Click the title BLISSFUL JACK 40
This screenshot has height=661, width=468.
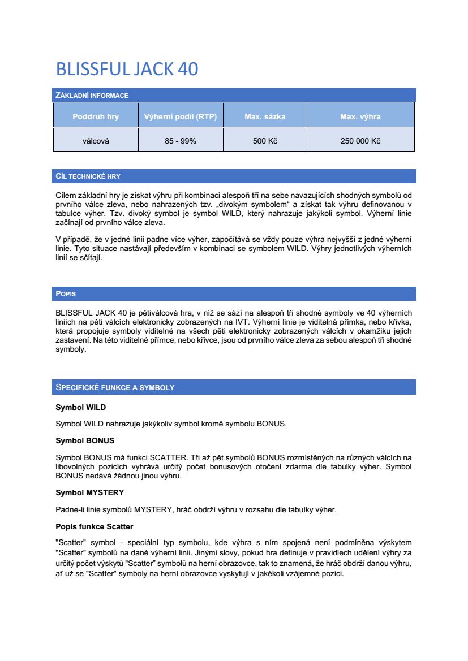tap(127, 69)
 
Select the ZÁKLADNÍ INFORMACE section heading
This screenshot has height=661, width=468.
tap(92, 95)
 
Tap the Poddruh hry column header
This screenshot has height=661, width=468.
tap(96, 117)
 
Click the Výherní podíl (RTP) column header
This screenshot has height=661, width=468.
tap(181, 117)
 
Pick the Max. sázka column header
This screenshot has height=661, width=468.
tap(265, 117)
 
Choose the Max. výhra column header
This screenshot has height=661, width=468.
tap(360, 117)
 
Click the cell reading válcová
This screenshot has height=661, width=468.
tap(96, 141)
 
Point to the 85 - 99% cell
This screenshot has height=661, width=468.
tap(181, 141)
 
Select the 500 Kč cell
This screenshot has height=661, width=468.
tap(265, 141)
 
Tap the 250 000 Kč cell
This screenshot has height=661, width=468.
tap(360, 141)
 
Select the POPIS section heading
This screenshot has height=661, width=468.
tap(66, 294)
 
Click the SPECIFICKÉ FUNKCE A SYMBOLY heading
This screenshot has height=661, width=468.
tap(115, 387)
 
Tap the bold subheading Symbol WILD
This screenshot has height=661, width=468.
tap(80, 407)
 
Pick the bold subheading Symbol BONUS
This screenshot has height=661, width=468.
tap(85, 440)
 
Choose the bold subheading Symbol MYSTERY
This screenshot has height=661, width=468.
tap(89, 492)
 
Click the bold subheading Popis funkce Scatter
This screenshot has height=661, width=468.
tap(94, 526)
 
